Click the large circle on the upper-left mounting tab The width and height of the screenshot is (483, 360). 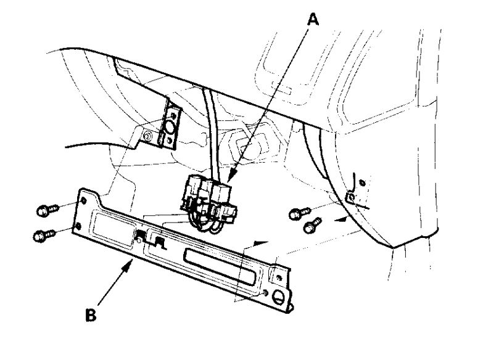pos(169,128)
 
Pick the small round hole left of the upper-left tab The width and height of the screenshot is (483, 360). pos(148,135)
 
